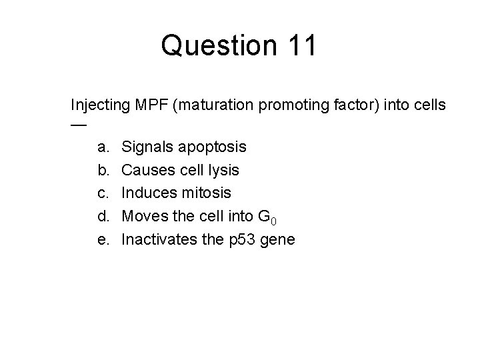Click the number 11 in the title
(301, 46)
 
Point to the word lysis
(223, 170)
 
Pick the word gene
(275, 240)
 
